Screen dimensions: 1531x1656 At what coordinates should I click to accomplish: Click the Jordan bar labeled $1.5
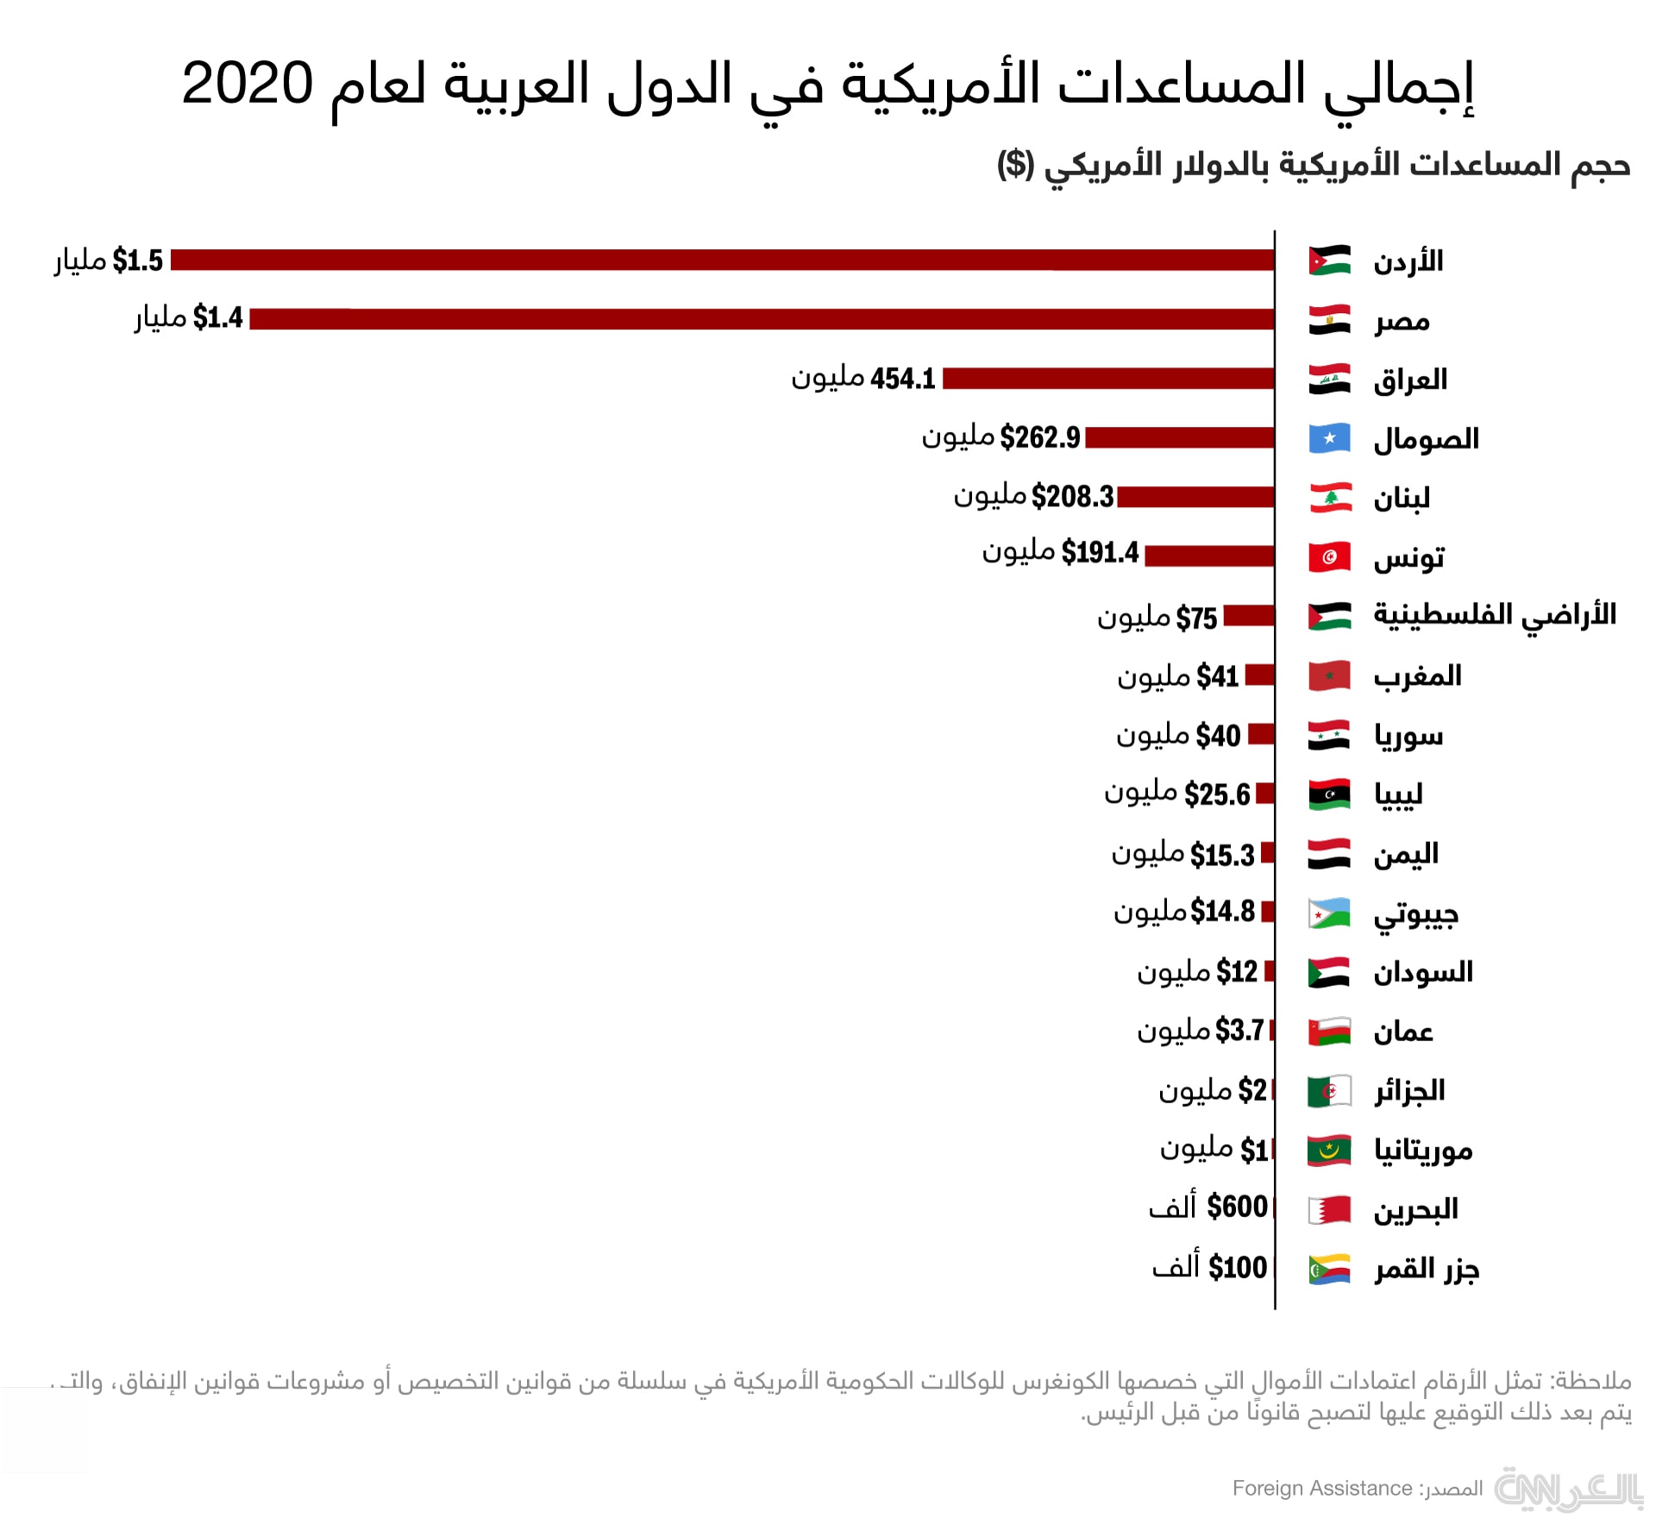(x=722, y=260)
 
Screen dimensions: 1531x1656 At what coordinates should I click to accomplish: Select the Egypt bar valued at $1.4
(x=762, y=319)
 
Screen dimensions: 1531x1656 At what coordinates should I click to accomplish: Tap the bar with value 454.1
(x=1108, y=378)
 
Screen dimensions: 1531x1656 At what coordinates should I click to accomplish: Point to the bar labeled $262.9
(x=1179, y=438)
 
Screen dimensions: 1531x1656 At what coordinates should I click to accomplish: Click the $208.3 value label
(x=1072, y=497)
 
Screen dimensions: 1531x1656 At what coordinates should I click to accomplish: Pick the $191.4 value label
(x=1100, y=552)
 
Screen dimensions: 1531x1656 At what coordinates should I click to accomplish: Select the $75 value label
(x=1196, y=618)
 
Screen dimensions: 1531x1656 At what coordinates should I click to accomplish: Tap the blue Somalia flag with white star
(x=1329, y=438)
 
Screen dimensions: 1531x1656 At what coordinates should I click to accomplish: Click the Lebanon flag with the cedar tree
(x=1329, y=498)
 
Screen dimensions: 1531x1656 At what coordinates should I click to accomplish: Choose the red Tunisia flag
(x=1329, y=557)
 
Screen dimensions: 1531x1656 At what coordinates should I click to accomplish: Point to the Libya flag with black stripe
(x=1329, y=794)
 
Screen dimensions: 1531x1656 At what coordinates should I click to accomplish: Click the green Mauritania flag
(x=1329, y=1150)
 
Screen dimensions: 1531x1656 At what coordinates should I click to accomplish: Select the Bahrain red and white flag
(x=1329, y=1209)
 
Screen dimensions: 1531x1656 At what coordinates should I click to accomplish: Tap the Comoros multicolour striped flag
(x=1329, y=1269)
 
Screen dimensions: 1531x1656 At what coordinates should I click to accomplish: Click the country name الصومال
(x=1426, y=440)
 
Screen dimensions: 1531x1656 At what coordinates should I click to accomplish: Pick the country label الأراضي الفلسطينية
(x=1494, y=616)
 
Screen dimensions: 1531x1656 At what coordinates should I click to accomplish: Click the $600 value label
(x=1237, y=1207)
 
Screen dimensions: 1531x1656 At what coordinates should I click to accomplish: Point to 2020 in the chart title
(x=248, y=85)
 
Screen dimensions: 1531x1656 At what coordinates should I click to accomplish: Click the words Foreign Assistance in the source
(x=1321, y=1488)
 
